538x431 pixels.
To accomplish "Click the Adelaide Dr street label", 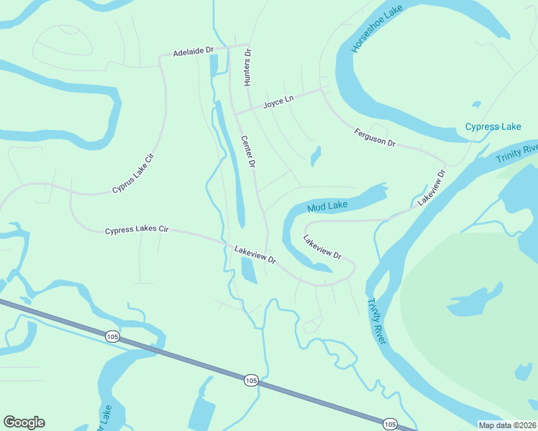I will [194, 52].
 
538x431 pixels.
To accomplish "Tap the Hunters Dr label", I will [247, 68].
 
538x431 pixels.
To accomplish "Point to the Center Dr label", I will [248, 152].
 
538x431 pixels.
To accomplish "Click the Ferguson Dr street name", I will [375, 137].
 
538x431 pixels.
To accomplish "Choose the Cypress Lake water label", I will [493, 127].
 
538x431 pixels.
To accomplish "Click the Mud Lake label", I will [327, 207].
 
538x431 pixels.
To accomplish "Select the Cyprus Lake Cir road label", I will [134, 173].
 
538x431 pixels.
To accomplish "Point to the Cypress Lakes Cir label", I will [136, 230].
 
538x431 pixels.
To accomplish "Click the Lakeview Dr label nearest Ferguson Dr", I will [432, 187].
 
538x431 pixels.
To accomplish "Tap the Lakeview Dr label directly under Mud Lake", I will [322, 246].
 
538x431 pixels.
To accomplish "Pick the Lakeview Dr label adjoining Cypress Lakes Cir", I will [255, 255].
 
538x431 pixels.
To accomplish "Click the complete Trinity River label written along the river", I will [377, 321].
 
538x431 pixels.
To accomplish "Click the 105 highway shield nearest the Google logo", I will [111, 336].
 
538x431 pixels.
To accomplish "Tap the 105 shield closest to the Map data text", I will [389, 424].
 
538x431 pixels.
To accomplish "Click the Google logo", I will [24, 422].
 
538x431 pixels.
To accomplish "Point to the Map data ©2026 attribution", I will [508, 425].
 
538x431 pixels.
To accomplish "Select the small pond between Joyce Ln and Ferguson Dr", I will [315, 156].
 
